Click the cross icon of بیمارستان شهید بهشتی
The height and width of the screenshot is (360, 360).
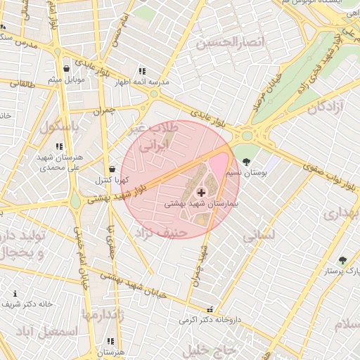pyautogui.click(x=201, y=192)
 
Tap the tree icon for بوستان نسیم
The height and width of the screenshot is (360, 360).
pyautogui.click(x=245, y=162)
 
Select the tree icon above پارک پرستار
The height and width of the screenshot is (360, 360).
pyautogui.click(x=342, y=260)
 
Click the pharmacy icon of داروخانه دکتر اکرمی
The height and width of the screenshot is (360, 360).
pyautogui.click(x=209, y=309)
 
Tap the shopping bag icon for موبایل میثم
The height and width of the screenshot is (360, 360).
pyautogui.click(x=66, y=69)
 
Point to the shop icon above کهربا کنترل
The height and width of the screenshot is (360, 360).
pyautogui.click(x=112, y=169)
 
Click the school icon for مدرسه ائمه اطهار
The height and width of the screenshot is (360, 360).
pyautogui.click(x=142, y=71)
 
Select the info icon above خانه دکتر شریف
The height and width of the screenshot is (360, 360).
pyautogui.click(x=15, y=293)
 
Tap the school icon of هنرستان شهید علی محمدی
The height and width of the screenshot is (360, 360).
pyautogui.click(x=59, y=146)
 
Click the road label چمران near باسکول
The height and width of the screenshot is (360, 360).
pyautogui.click(x=103, y=110)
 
